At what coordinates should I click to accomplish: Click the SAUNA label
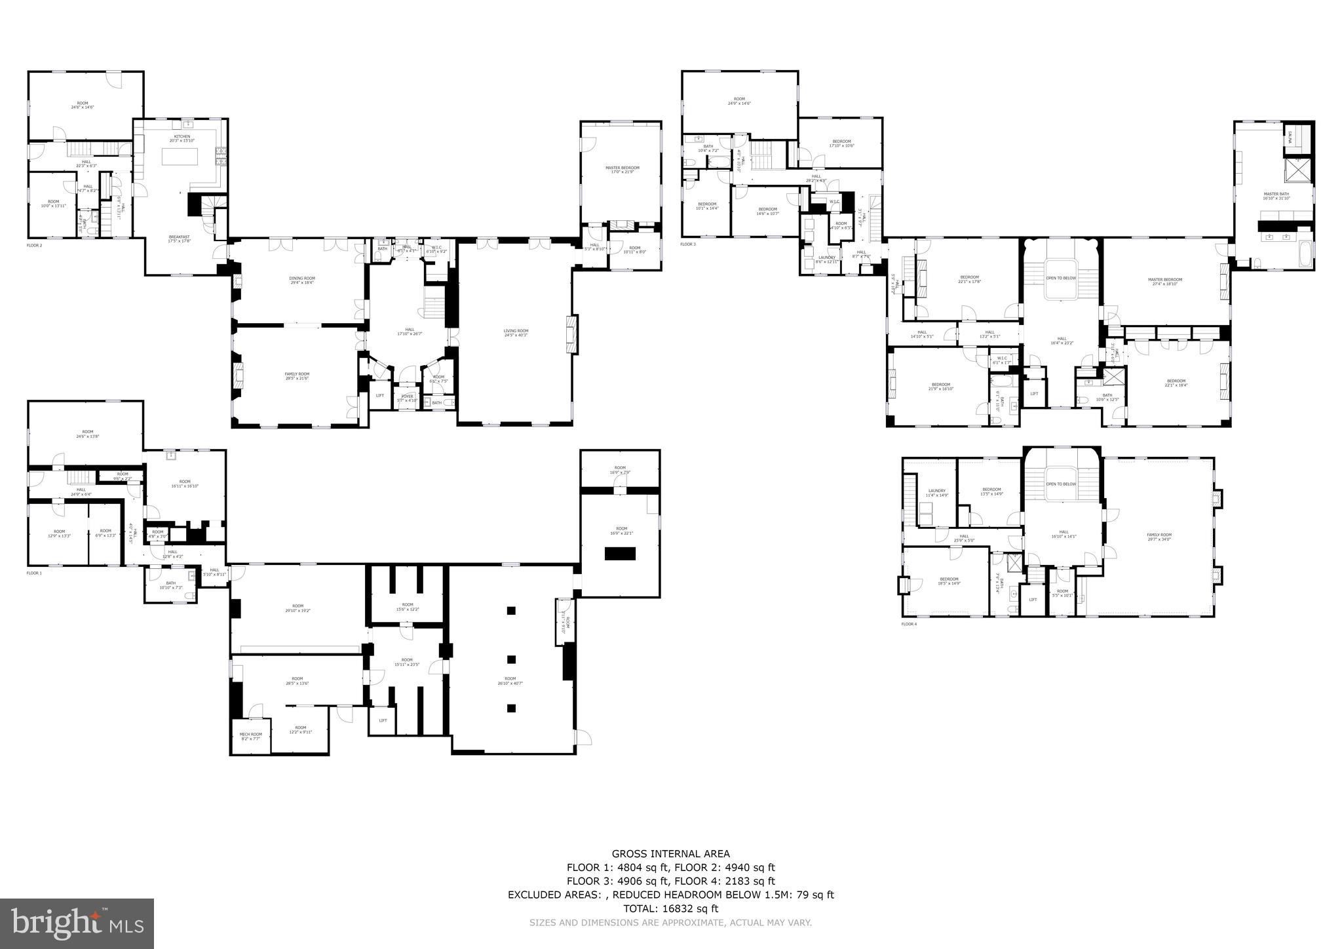1290,137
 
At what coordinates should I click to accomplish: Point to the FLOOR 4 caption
909,624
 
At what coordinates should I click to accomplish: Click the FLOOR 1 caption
34,573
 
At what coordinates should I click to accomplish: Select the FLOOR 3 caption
688,244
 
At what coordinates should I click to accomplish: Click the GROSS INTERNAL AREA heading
670,853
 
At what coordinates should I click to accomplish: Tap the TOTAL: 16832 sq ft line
670,908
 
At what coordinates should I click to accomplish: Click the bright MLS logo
77,923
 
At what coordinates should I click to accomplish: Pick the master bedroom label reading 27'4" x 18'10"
1165,281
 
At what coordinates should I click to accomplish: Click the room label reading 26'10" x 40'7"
510,680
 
